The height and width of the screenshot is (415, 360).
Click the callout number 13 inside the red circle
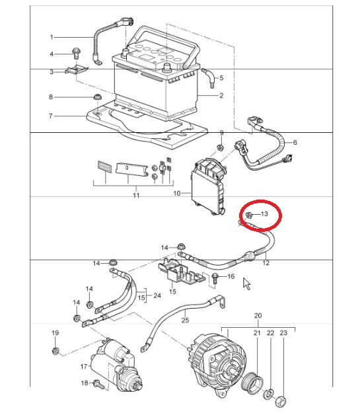[264, 213]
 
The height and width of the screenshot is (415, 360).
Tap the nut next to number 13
[249, 215]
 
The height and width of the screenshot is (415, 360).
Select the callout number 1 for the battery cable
[52, 37]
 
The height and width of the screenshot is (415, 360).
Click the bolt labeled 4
[76, 54]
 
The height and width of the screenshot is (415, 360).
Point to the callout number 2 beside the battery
[221, 95]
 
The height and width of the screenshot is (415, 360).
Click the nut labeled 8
[98, 97]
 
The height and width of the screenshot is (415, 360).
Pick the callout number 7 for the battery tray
[50, 116]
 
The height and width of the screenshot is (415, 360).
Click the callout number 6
[295, 142]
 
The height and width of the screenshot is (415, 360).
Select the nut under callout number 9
[219, 147]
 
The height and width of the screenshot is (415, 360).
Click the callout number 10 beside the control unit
[176, 194]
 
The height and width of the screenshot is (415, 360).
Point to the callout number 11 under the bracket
[136, 196]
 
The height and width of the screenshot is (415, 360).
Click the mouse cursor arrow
[246, 283]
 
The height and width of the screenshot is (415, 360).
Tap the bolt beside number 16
[215, 279]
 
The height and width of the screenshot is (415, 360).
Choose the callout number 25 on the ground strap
[185, 320]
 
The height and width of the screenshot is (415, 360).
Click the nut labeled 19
[55, 351]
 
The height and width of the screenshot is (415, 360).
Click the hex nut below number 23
[281, 402]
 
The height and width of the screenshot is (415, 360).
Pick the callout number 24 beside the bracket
[157, 295]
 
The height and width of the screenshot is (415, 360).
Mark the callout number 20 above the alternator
[258, 315]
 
